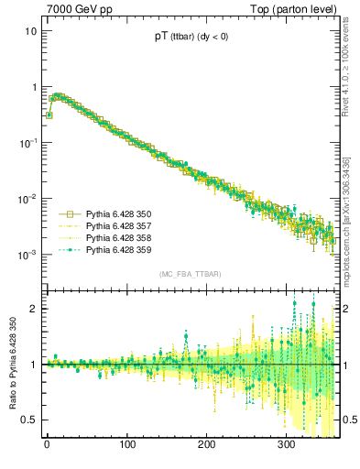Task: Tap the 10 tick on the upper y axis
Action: (30, 31)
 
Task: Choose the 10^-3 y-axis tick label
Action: (27, 255)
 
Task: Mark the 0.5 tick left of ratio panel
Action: (29, 420)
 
